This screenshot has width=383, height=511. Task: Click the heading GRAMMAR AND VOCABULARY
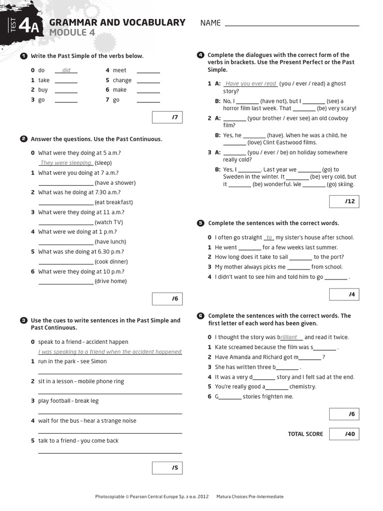click(117, 22)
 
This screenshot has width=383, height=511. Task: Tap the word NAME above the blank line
click(210, 23)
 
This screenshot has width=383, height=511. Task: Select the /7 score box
click(167, 118)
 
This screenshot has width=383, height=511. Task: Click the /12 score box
click(344, 201)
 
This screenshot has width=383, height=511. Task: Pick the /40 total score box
click(344, 434)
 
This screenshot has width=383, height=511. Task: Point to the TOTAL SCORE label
click(305, 434)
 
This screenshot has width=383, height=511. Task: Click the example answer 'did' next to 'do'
click(66, 70)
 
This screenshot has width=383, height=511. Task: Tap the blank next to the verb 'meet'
click(148, 70)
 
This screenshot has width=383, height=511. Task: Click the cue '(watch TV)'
click(109, 222)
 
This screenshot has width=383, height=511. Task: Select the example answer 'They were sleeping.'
click(66, 163)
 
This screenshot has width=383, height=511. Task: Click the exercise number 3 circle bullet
click(23, 320)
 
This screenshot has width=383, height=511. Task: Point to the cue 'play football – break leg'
click(68, 401)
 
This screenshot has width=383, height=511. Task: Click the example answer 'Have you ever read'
click(250, 84)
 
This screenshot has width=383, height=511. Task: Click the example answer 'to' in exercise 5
click(269, 238)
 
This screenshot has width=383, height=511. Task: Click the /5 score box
click(167, 468)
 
